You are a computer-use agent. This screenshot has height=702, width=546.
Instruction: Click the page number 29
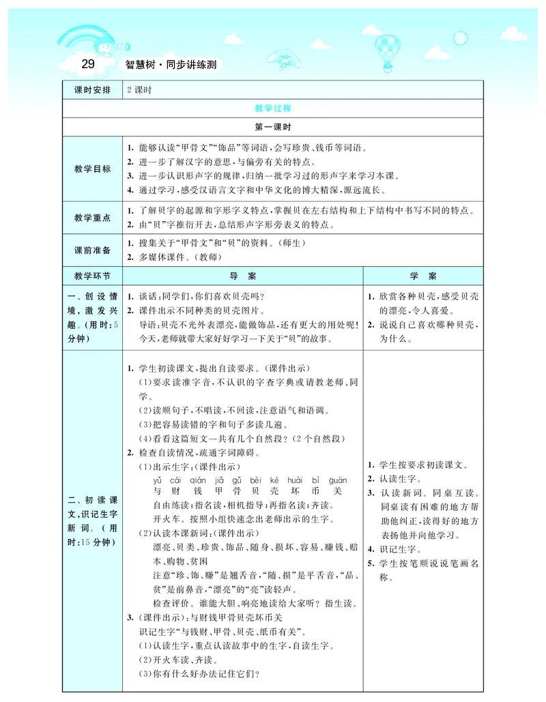(x=87, y=65)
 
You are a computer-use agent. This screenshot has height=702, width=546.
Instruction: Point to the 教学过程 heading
(x=273, y=108)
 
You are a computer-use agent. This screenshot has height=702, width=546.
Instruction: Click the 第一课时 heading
(x=273, y=127)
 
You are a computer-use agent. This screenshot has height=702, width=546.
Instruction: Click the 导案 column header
(x=242, y=276)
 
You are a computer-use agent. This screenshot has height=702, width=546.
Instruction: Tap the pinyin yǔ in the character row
(x=158, y=480)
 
